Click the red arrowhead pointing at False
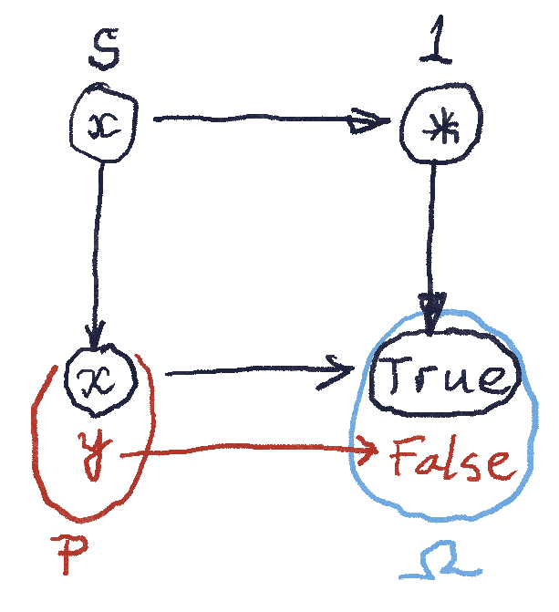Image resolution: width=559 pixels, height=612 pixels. (x=371, y=449)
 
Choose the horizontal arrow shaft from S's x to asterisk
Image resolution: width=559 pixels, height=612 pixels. (x=255, y=119)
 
